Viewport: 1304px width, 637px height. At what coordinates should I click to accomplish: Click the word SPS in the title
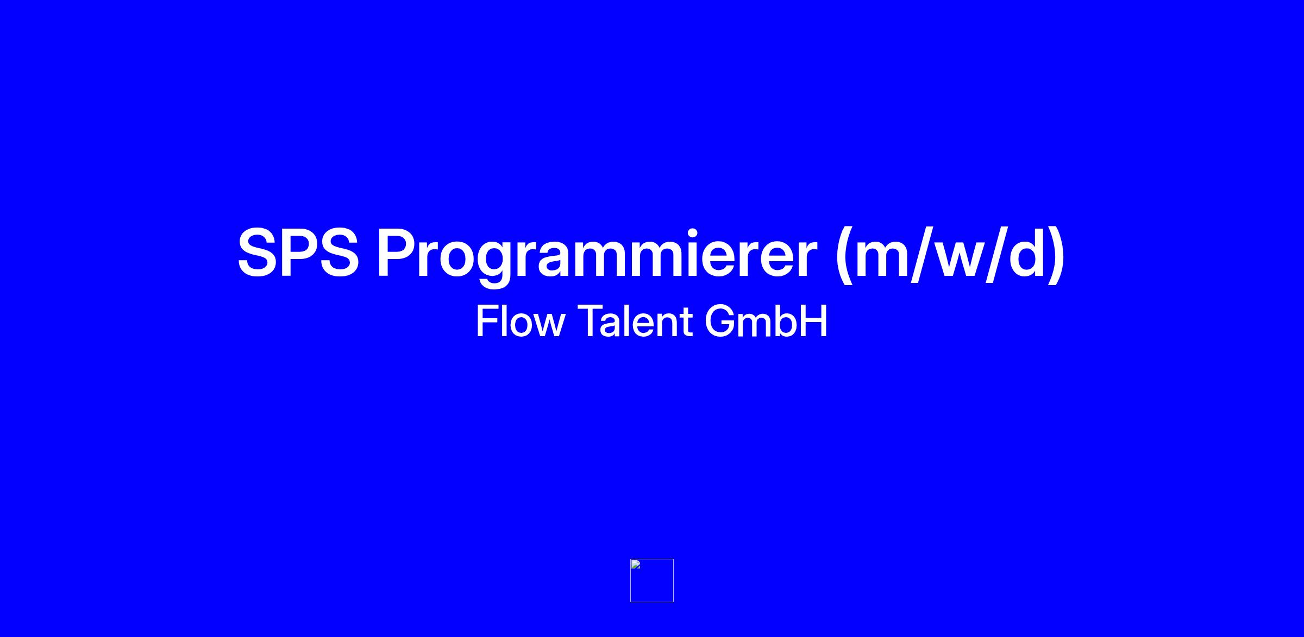pyautogui.click(x=298, y=253)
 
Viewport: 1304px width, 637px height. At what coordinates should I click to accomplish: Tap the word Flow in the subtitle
pyautogui.click(x=520, y=321)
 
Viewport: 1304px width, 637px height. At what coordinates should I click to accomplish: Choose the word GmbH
pyautogui.click(x=766, y=321)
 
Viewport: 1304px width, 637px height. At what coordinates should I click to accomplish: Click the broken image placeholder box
pyautogui.click(x=652, y=581)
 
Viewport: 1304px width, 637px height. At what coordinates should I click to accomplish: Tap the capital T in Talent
pyautogui.click(x=590, y=321)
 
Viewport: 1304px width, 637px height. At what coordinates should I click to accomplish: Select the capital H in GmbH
pyautogui.click(x=814, y=321)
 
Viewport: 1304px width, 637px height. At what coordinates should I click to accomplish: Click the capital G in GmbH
pyautogui.click(x=719, y=321)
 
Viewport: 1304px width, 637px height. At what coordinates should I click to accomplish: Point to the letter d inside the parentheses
pyautogui.click(x=1027, y=253)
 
